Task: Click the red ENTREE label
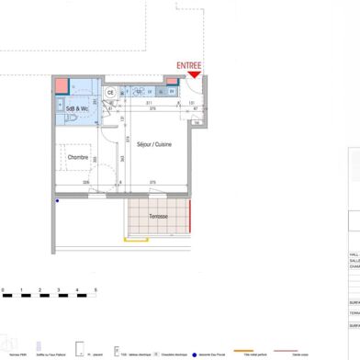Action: pyautogui.click(x=189, y=66)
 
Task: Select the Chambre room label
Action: pyautogui.click(x=79, y=157)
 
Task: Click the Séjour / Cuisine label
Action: pyautogui.click(x=154, y=145)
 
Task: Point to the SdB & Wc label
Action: pyautogui.click(x=76, y=109)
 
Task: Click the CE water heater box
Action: pyautogui.click(x=109, y=92)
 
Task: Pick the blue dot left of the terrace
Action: pyautogui.click(x=57, y=201)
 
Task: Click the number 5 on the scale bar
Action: pyautogui.click(x=95, y=290)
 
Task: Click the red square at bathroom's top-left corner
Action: pyautogui.click(x=61, y=88)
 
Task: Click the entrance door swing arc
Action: pyautogui.click(x=196, y=88)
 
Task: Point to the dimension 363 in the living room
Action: pyautogui.click(x=124, y=160)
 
